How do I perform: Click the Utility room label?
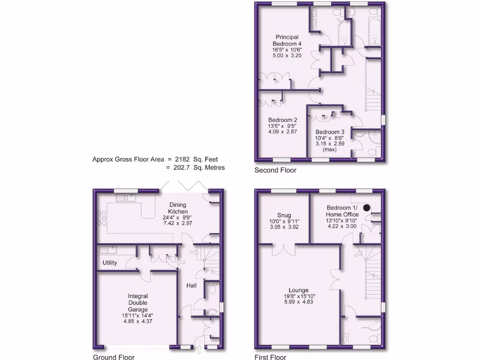click(x=110, y=263)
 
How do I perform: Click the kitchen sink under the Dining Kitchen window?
click(x=127, y=198)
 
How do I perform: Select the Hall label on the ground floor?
click(x=191, y=285)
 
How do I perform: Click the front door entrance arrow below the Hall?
click(x=199, y=349)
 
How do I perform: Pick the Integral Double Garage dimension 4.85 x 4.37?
click(x=138, y=322)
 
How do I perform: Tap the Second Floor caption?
click(x=275, y=170)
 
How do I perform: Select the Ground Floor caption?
click(x=114, y=357)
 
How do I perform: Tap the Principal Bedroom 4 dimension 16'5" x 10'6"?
click(x=287, y=49)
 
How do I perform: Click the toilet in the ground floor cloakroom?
click(x=212, y=290)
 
